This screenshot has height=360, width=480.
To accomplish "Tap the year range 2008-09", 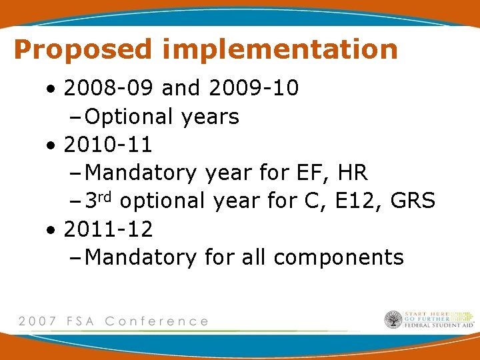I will [x=110, y=87].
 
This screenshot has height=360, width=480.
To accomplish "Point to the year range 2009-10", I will [x=254, y=87].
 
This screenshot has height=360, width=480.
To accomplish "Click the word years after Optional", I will [x=209, y=117].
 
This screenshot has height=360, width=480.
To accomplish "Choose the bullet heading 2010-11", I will [x=108, y=144].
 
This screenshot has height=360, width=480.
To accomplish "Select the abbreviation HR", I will [x=353, y=173].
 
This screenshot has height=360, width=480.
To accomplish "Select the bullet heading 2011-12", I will [x=108, y=229].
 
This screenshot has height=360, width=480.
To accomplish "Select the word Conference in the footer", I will [x=157, y=321].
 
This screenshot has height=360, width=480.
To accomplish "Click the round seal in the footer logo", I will [x=393, y=320].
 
